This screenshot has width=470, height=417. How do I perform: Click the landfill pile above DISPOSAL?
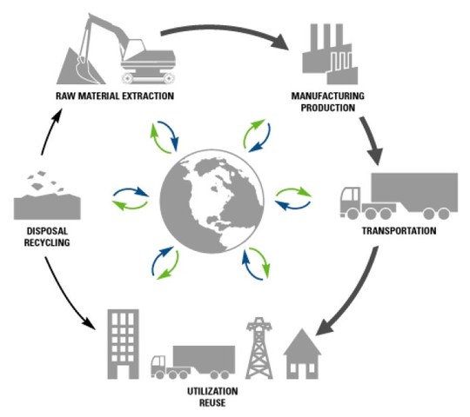click(49, 200)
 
